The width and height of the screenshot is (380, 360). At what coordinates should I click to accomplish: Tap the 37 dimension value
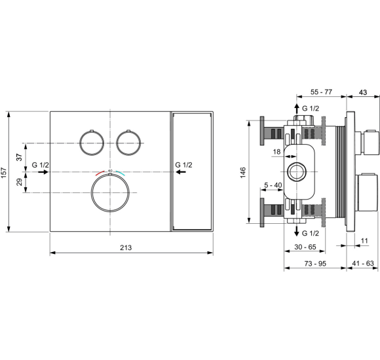pyautogui.click(x=19, y=157)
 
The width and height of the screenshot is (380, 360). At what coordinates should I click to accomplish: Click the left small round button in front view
pyautogui.click(x=90, y=142)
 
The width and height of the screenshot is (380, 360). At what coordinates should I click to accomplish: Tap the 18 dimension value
pyautogui.click(x=276, y=152)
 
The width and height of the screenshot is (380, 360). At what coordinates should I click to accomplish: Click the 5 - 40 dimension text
pyautogui.click(x=274, y=185)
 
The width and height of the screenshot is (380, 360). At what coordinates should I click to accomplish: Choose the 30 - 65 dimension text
pyautogui.click(x=305, y=247)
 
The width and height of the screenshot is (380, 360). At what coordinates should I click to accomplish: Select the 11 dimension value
pyautogui.click(x=364, y=242)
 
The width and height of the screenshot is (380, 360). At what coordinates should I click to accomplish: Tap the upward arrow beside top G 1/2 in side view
pyautogui.click(x=295, y=109)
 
